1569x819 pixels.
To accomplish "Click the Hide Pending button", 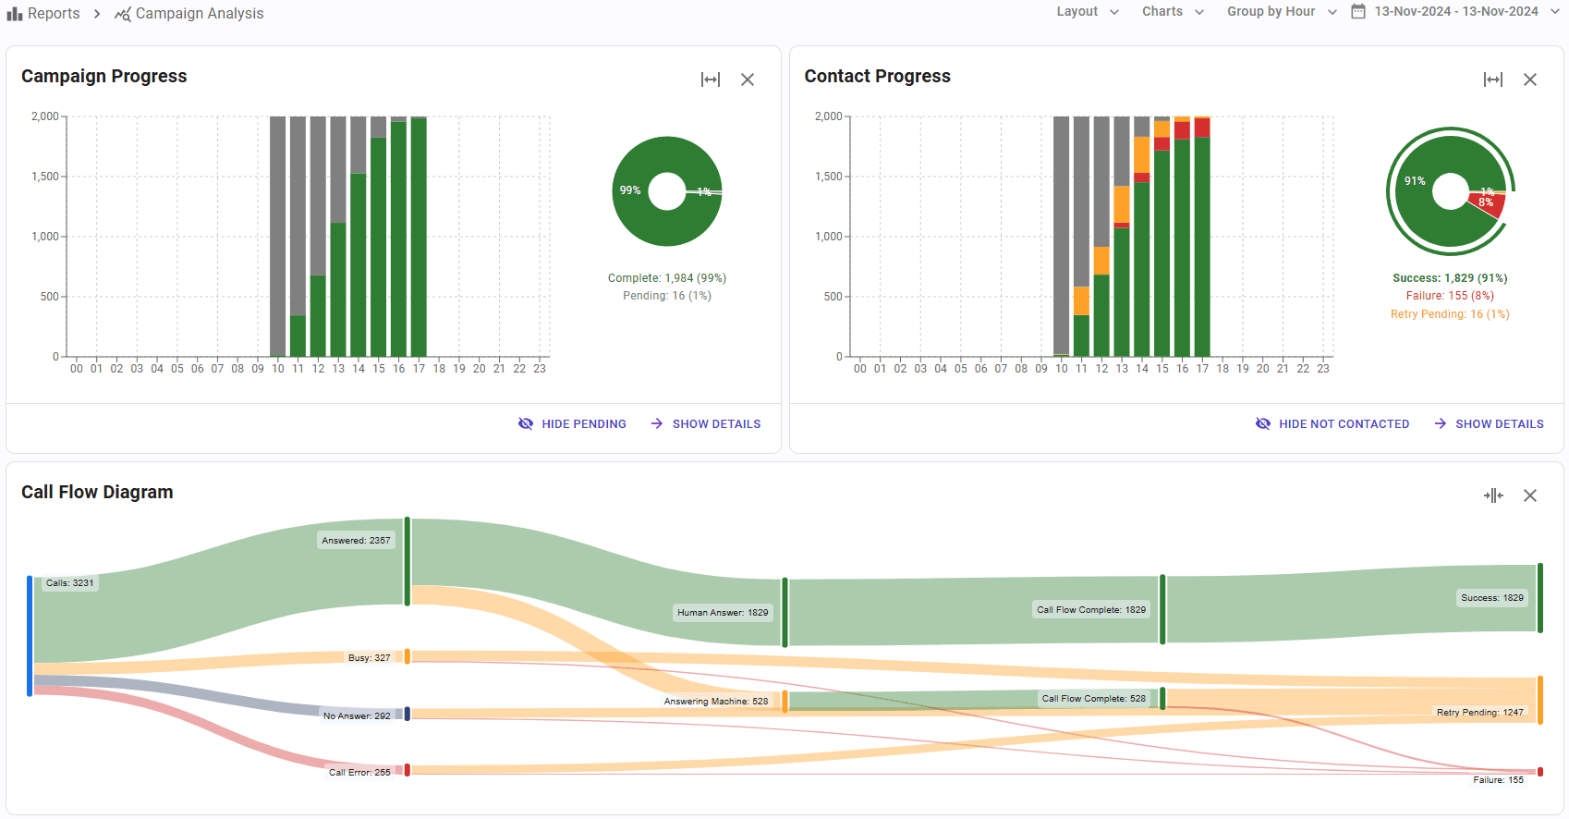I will pyautogui.click(x=573, y=424).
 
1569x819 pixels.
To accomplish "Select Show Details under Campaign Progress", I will pyautogui.click(x=706, y=424).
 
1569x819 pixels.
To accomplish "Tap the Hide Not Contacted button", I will pyautogui.click(x=1332, y=424).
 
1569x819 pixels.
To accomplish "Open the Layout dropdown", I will pyautogui.click(x=1088, y=12).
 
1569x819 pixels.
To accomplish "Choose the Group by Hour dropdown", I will pyautogui.click(x=1282, y=12).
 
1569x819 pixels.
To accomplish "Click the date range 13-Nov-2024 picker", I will pyautogui.click(x=1455, y=12).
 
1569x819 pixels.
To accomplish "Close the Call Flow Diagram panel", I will pyautogui.click(x=1530, y=495).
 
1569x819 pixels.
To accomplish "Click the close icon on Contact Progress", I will pyautogui.click(x=1530, y=79).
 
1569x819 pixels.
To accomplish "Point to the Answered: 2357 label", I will pyautogui.click(x=356, y=540).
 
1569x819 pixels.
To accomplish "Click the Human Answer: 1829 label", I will pyautogui.click(x=723, y=612).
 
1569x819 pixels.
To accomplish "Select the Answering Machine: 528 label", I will pyautogui.click(x=715, y=702).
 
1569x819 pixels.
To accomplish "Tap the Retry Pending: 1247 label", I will pyautogui.click(x=1479, y=713).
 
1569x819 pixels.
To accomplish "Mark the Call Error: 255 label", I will pyautogui.click(x=359, y=773).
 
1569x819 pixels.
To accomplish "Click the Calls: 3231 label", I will pyautogui.click(x=69, y=583).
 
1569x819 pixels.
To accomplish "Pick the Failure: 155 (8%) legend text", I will pyautogui.click(x=1450, y=296).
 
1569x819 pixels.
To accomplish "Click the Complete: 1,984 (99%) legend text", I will pyautogui.click(x=666, y=278).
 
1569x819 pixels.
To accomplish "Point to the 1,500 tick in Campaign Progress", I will pyautogui.click(x=45, y=177).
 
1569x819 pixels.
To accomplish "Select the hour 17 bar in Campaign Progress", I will pyautogui.click(x=419, y=237).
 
